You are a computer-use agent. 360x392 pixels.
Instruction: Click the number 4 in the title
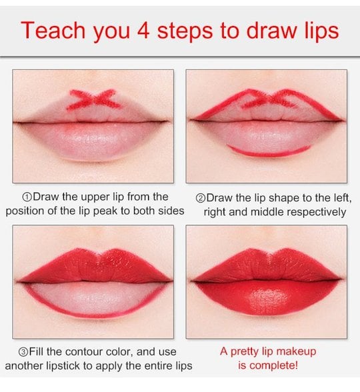tap(143, 30)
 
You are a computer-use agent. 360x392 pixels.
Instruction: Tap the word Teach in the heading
tap(53, 30)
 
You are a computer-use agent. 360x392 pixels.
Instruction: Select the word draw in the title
tap(271, 30)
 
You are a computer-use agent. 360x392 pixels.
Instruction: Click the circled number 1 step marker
tap(27, 197)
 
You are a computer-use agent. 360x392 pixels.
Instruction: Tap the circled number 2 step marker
tap(200, 198)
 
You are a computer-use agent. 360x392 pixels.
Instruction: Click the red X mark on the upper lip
tap(94, 99)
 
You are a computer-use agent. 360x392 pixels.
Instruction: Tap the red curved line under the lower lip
tap(269, 153)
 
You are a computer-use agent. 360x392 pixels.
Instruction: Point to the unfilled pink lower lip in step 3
tap(95, 299)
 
